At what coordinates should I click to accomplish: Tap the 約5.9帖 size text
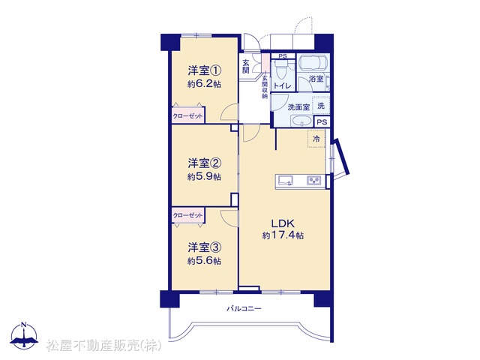pos(204,177)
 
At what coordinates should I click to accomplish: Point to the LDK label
pos(283,223)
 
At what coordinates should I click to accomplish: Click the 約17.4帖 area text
pos(283,235)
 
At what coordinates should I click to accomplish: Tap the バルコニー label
pos(244,308)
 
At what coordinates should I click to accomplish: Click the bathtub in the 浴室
pos(313,63)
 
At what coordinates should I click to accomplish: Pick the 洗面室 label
pos(298,107)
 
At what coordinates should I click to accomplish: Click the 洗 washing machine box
pos(321,106)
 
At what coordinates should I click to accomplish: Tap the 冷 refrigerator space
pos(316,139)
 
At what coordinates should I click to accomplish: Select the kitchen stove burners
pos(314,180)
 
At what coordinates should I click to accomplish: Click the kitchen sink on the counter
pos(285,180)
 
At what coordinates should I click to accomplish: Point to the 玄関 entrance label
pos(246,67)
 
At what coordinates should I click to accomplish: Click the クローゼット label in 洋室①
pos(187,116)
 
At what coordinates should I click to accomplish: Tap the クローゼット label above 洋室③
pos(187,215)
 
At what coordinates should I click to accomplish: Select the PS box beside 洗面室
pos(322,122)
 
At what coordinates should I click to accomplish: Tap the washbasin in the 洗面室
pos(301,121)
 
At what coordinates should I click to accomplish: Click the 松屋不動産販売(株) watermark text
pos(103,346)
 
